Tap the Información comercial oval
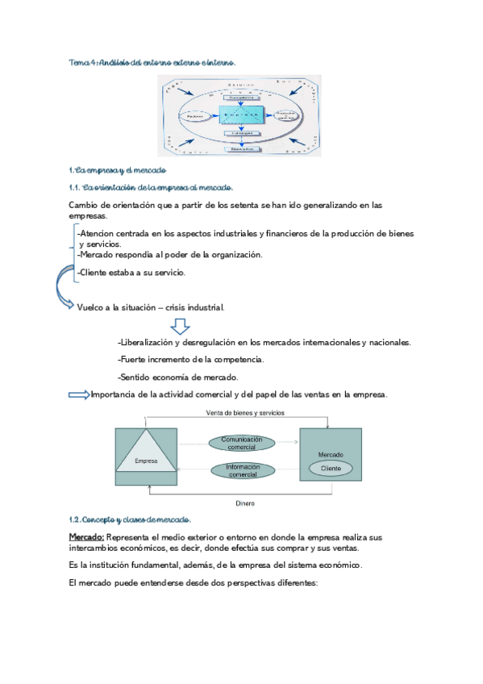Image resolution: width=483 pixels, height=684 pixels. [x=242, y=471]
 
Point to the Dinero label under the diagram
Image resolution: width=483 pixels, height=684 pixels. [x=245, y=503]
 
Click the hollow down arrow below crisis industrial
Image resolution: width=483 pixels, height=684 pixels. [x=181, y=327]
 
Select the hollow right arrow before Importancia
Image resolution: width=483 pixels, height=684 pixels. [x=79, y=394]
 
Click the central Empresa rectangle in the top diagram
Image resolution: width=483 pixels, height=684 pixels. [x=240, y=115]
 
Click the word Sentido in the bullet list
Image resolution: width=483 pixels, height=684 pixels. [x=135, y=377]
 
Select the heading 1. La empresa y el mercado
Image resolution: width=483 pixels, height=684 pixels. [x=118, y=170]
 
